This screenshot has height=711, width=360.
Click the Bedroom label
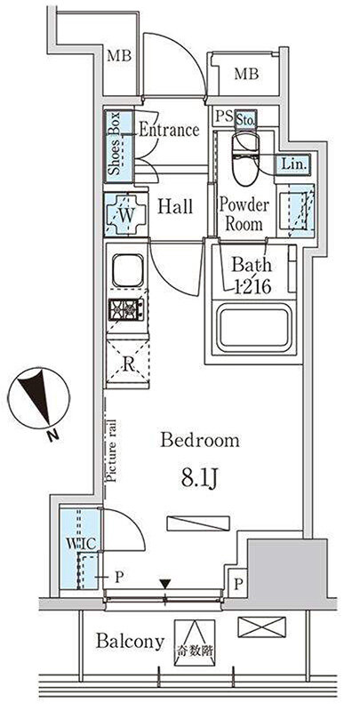pos(200,440)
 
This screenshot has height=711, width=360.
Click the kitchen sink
pos(127,270)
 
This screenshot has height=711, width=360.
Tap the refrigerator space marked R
pos(128,363)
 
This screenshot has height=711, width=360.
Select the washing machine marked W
pos(126,214)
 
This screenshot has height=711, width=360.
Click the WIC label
pos(79,543)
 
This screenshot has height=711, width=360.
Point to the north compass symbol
pos(41,397)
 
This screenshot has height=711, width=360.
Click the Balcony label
pos(130,642)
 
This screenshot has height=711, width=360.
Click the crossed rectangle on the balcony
pos(261,628)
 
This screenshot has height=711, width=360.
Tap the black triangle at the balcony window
pos(165,583)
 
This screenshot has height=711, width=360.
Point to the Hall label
pos(175,206)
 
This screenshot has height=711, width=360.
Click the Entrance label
pos(169,130)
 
